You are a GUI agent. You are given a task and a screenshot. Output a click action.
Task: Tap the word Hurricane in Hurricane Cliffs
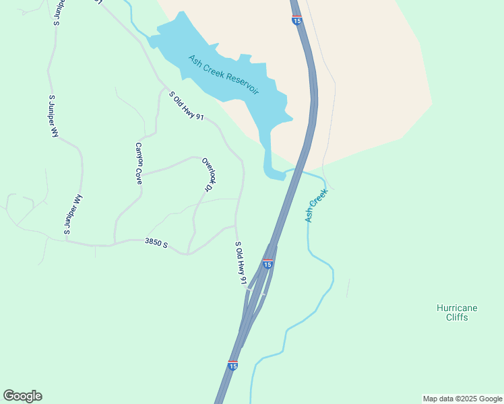click(457, 308)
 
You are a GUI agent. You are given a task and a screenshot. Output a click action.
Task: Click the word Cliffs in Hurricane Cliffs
click(457, 317)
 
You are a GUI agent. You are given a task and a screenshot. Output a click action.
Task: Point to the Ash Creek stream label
click(316, 205)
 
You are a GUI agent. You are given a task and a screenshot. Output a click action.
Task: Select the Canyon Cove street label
click(139, 164)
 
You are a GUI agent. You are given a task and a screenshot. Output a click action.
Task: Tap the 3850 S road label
click(156, 242)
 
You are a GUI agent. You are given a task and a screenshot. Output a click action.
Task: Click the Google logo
click(22, 396)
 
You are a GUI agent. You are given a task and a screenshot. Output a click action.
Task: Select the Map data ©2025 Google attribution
click(462, 399)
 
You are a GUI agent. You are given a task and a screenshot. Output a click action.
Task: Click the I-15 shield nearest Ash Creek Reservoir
click(296, 21)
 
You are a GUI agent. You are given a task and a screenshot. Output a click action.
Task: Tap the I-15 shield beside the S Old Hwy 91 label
click(267, 264)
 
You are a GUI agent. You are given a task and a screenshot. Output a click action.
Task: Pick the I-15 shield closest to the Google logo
click(232, 364)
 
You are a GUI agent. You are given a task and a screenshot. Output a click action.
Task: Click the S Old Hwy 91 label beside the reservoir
click(186, 106)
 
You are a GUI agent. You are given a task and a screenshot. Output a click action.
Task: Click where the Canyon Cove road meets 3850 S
click(115, 242)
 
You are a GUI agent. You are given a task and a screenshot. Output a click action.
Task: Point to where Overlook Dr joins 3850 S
click(188, 253)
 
